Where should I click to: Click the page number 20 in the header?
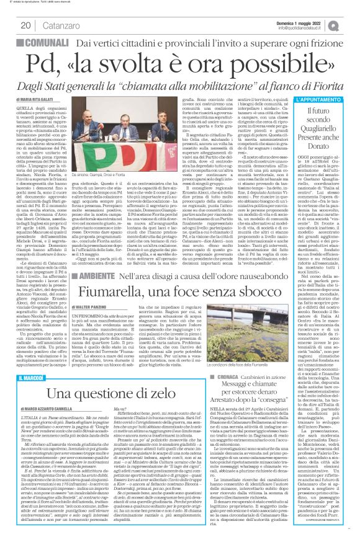[25, 25]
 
